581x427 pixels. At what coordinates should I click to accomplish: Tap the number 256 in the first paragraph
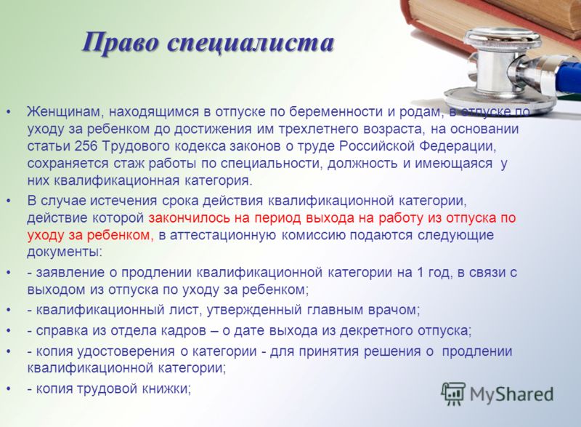(86, 146)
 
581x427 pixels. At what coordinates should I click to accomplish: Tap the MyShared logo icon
(453, 394)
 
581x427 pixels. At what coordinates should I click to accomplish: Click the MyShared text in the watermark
(512, 394)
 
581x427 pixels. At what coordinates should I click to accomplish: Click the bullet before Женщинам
(9, 113)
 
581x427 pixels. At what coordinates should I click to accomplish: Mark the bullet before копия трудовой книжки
(9, 389)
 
